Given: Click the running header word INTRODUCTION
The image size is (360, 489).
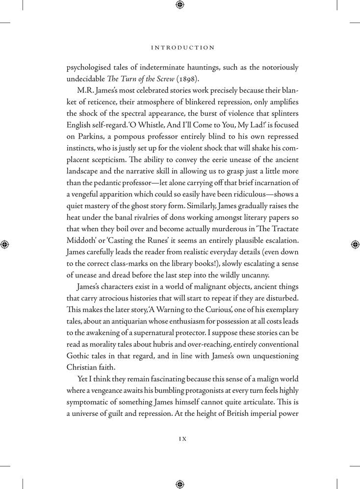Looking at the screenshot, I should [x=182, y=48].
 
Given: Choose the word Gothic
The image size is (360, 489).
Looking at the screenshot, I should [x=79, y=355].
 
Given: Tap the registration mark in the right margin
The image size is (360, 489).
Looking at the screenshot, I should [x=355, y=244].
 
